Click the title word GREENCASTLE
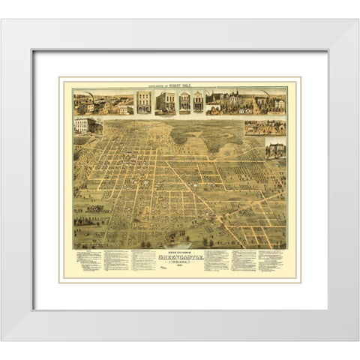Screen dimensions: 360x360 click(180, 257)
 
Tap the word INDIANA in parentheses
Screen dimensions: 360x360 click(180, 263)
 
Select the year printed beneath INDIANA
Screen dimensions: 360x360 click(180, 268)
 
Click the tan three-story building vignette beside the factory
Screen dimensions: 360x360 click(143, 103)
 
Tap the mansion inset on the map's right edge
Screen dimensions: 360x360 click(275, 150)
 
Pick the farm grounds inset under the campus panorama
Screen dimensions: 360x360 click(265, 126)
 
